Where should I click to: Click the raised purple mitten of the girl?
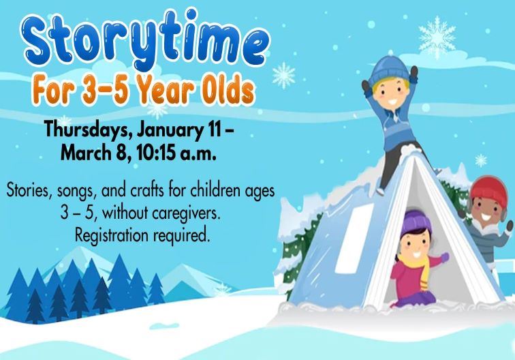coord(445,257)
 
